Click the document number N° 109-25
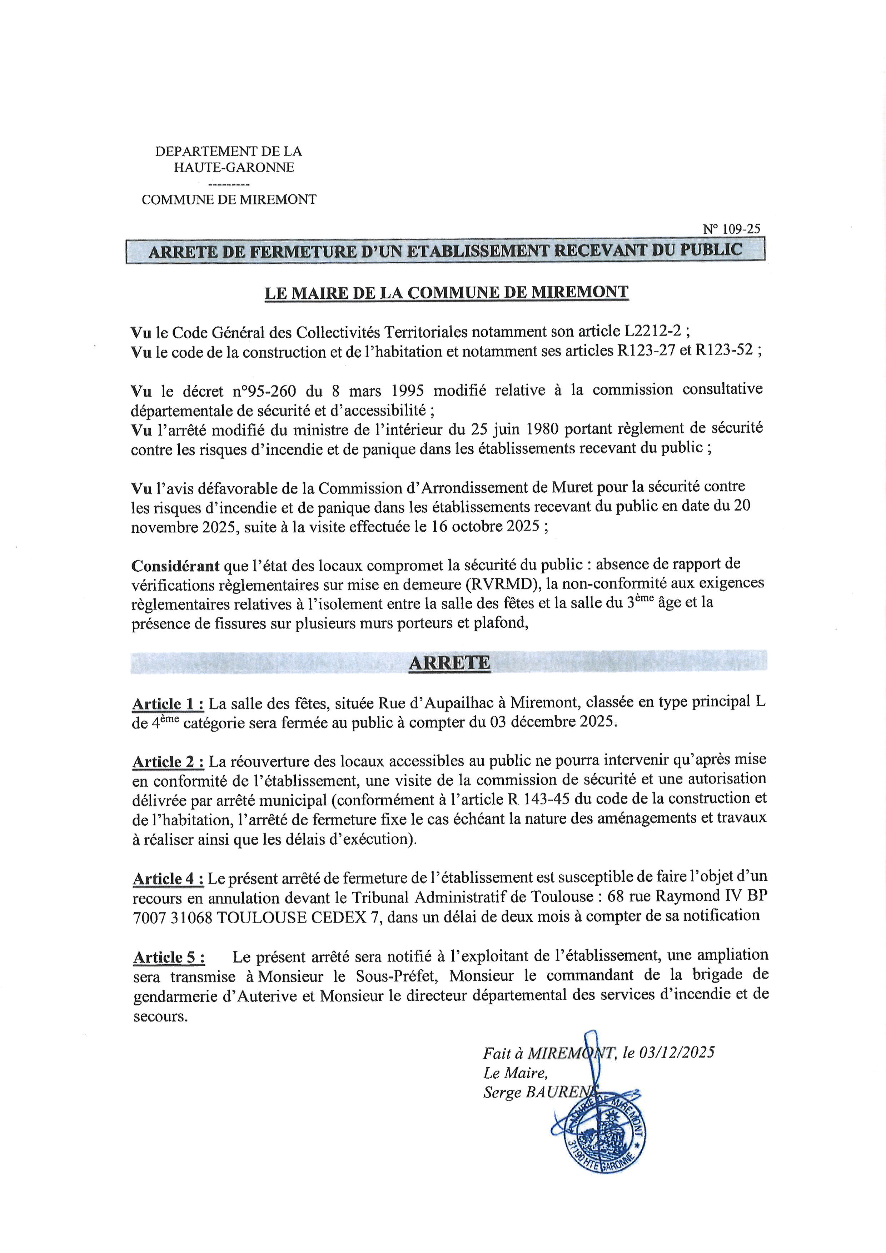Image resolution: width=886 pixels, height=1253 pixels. tap(731, 229)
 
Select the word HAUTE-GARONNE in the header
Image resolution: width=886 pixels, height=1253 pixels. tap(234, 168)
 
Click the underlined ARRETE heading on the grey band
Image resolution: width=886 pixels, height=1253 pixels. tap(449, 662)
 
